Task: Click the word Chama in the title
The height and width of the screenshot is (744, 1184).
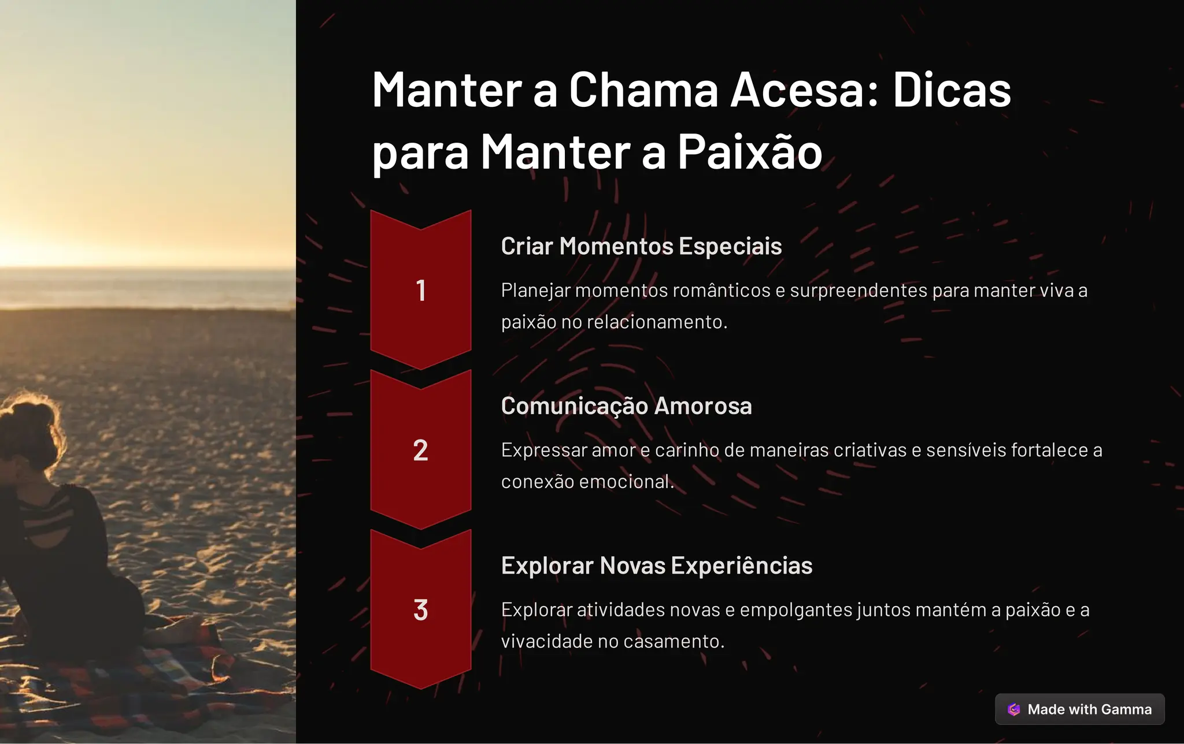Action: pos(643,90)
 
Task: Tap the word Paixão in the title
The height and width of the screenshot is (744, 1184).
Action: pos(749,152)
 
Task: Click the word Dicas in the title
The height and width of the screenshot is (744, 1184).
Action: pos(952,90)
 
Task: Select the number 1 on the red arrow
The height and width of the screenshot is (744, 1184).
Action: pos(421,291)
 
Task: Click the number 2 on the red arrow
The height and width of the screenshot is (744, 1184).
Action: pos(421,451)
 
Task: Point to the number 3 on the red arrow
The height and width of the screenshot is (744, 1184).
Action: pos(421,610)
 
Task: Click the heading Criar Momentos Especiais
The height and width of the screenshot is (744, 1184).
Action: pos(641,246)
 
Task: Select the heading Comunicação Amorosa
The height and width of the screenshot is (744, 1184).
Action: pos(626,406)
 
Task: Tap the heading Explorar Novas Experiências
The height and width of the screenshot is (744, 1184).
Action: pos(657,566)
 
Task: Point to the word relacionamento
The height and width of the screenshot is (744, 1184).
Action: pos(657,322)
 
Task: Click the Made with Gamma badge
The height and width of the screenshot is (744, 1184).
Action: pos(1079,709)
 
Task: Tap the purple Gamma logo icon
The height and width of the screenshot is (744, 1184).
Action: pos(1014,709)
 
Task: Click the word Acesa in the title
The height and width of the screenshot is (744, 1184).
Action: pos(804,90)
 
